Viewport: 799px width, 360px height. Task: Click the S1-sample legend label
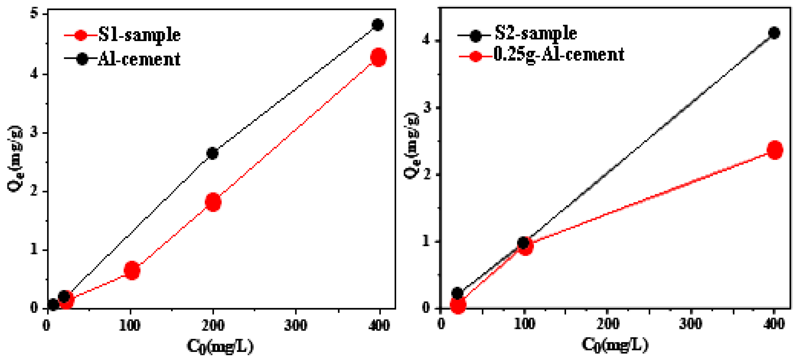coord(139,35)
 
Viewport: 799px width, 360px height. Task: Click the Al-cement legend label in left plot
coord(139,59)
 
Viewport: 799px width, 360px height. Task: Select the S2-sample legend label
coord(535,33)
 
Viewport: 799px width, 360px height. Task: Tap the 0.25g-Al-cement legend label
coord(559,55)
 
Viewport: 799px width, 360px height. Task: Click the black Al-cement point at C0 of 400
coord(377,25)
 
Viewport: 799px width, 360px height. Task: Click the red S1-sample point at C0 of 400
coord(378,57)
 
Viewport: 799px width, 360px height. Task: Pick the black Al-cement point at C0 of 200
coord(213,153)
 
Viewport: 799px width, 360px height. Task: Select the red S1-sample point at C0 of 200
coord(213,202)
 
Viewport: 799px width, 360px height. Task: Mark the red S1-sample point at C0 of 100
coord(132,270)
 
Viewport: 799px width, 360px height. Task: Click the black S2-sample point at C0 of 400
coord(774,33)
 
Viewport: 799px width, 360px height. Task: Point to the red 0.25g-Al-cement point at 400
coord(775,150)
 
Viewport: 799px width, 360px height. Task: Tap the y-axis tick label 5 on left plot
coord(34,14)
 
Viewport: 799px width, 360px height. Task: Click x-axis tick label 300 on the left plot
coord(296,325)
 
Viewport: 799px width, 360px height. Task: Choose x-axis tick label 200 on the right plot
coord(608,324)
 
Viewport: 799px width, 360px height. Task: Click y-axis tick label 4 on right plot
coord(427,40)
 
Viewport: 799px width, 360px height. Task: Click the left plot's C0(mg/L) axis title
coord(220,346)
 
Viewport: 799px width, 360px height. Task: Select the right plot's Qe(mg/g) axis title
coord(411,146)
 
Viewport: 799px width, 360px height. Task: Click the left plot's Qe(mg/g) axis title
coord(15,159)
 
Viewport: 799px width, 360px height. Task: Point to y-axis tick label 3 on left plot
coord(34,133)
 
